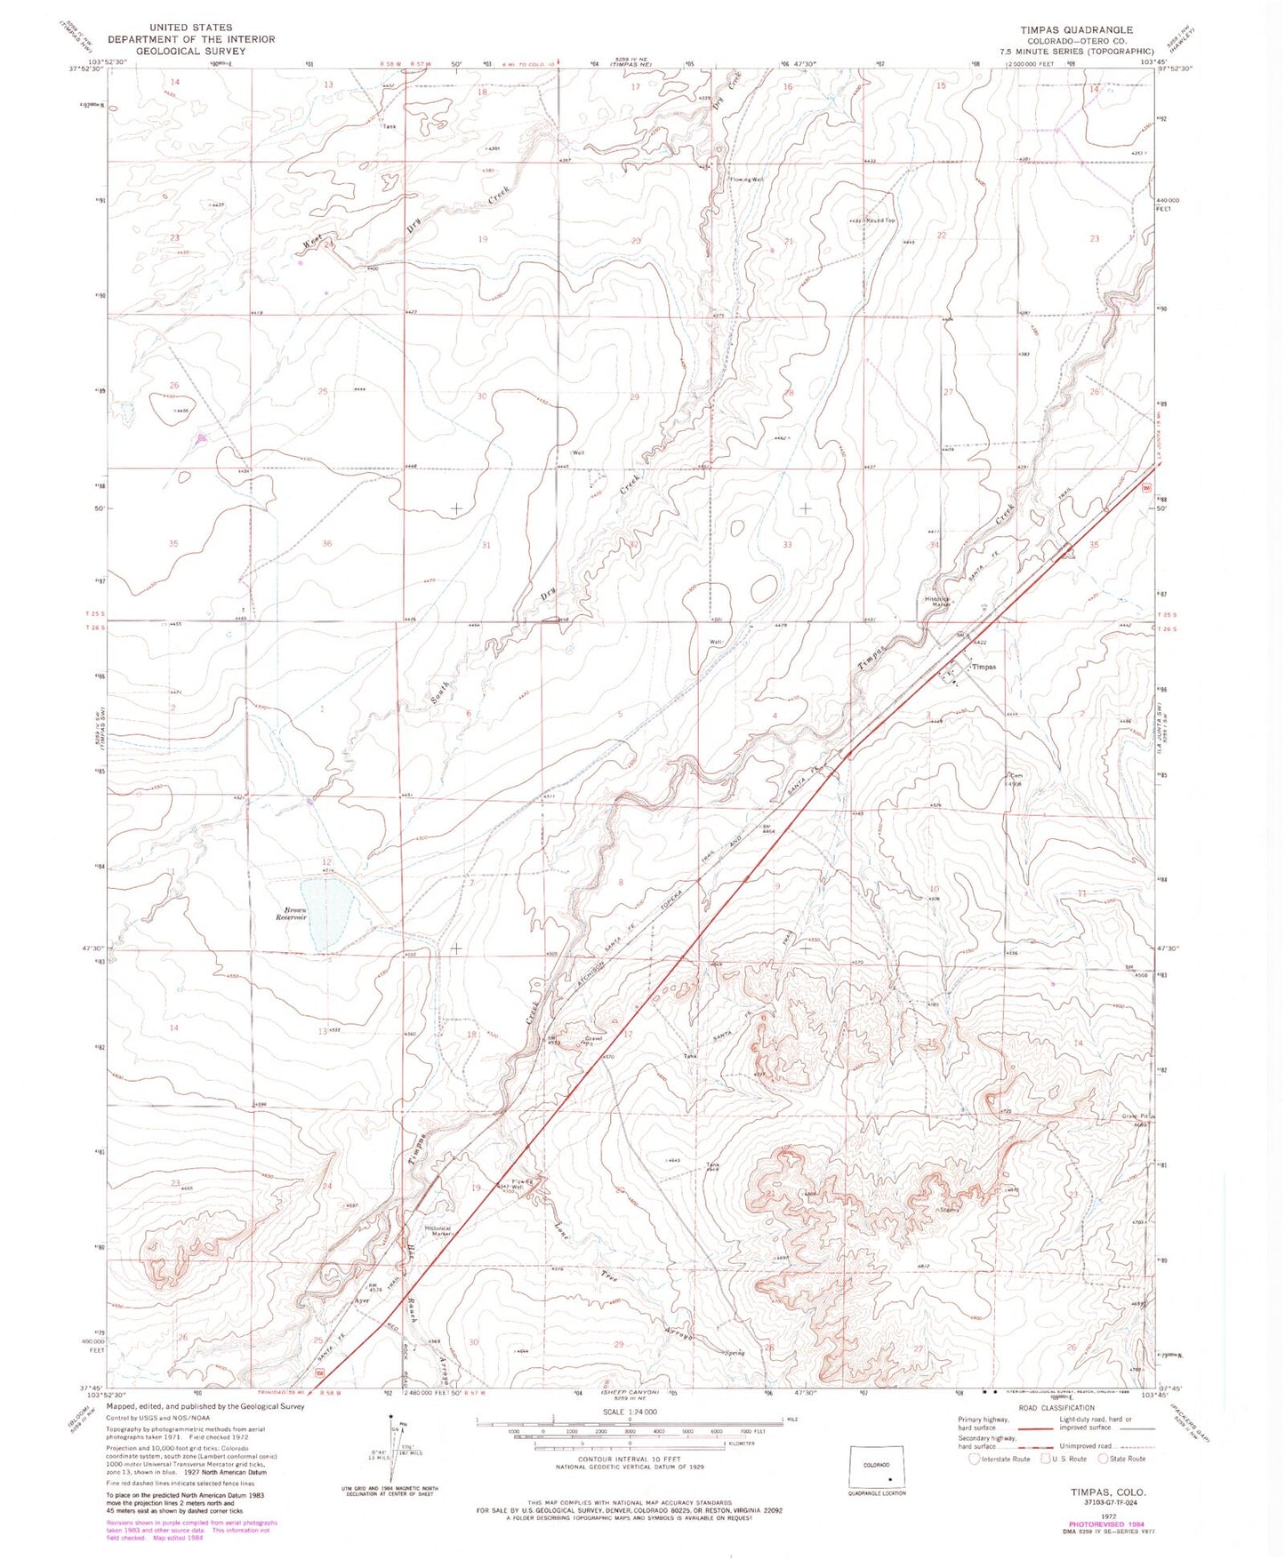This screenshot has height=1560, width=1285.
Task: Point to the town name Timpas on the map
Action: pos(983,667)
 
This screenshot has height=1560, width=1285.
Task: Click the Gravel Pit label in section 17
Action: pos(593,1039)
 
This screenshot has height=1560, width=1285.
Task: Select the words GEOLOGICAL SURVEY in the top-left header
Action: pos(191,51)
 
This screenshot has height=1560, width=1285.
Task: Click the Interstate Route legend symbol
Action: pos(975,1459)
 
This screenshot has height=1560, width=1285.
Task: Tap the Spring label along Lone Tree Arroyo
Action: pos(734,1353)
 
